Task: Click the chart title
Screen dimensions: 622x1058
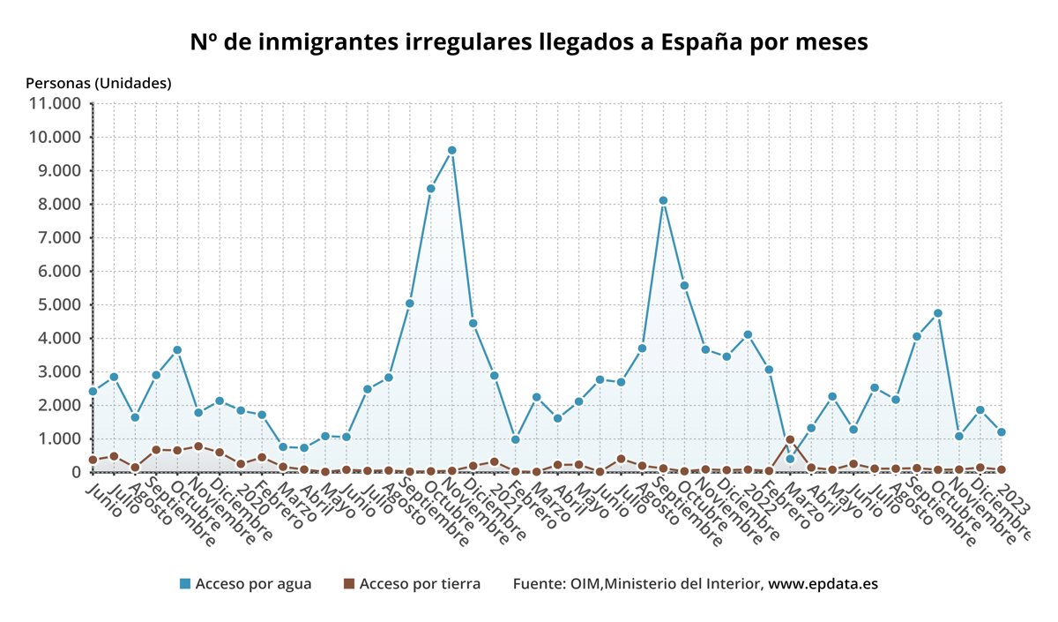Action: click(x=529, y=42)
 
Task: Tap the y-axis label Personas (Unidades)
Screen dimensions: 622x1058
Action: click(x=99, y=83)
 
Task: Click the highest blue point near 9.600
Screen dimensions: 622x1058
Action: click(x=452, y=150)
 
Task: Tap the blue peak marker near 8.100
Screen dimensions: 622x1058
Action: click(x=663, y=200)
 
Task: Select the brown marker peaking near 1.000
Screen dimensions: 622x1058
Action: click(x=790, y=439)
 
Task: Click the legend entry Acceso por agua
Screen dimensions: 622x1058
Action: click(x=253, y=584)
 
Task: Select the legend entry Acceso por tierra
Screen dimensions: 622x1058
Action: click(x=420, y=584)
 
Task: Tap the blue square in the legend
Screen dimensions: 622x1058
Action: click(x=185, y=584)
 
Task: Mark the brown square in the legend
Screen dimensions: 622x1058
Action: click(x=348, y=584)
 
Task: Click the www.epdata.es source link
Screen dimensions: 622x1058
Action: click(x=823, y=584)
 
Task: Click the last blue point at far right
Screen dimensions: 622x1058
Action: click(x=1002, y=432)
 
